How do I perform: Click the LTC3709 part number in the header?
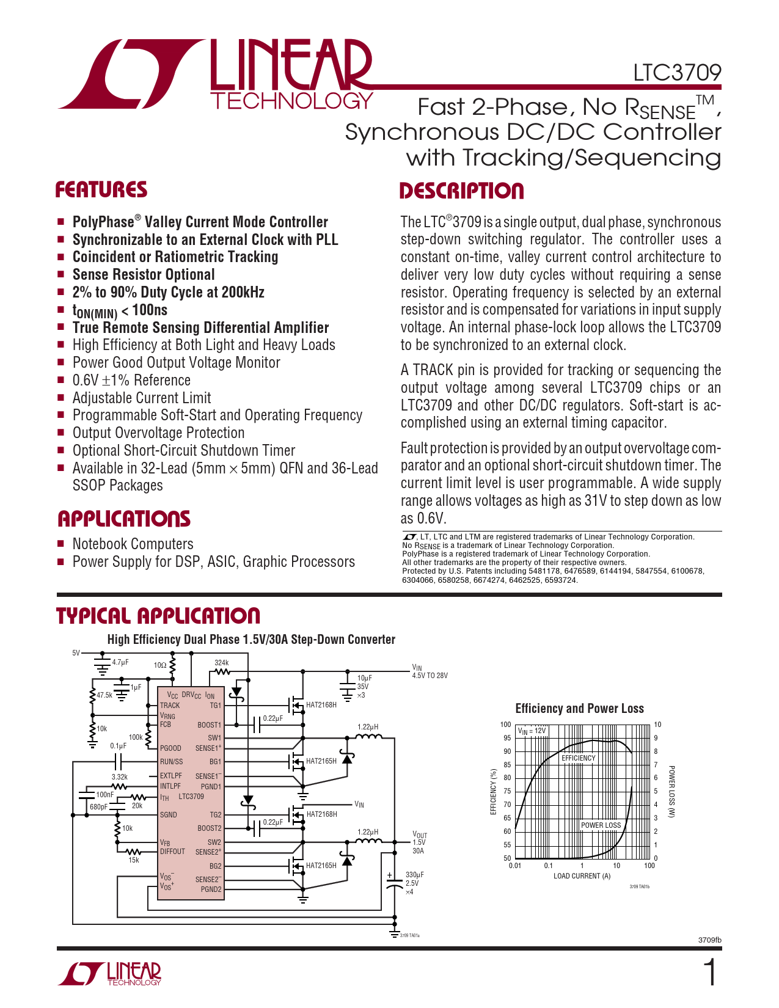[x=677, y=73]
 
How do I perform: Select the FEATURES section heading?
[x=101, y=190]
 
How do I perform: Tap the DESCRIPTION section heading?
[x=461, y=191]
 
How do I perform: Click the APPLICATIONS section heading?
[x=124, y=519]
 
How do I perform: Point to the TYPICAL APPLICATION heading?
[x=158, y=616]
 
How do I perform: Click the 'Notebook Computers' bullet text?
[x=133, y=544]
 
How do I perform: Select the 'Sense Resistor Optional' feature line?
[x=144, y=275]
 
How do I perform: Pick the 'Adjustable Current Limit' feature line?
[x=142, y=398]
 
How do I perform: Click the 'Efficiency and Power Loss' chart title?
[x=579, y=709]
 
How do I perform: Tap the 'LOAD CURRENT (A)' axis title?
[x=582, y=876]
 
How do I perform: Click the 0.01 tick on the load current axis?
[x=515, y=866]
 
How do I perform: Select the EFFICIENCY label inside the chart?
[x=578, y=758]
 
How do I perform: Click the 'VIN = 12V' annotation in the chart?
[x=532, y=731]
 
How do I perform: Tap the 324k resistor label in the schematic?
[x=221, y=663]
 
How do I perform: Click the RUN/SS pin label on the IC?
[x=171, y=762]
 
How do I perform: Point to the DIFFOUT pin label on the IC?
[x=172, y=852]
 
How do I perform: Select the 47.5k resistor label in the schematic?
[x=104, y=695]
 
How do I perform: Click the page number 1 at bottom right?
[x=709, y=973]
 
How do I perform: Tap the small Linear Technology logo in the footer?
[x=110, y=974]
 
